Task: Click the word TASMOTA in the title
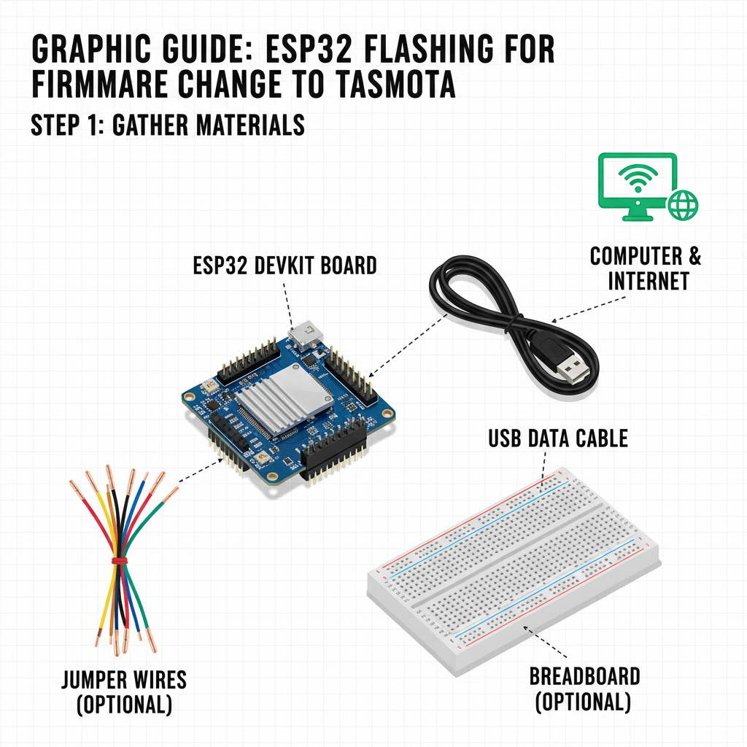point(395,84)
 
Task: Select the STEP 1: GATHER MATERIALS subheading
point(168,125)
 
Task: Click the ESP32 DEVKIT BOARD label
point(285,266)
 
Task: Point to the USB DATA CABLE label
point(558,438)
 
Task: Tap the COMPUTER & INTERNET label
point(646,268)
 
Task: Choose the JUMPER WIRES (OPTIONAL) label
point(124,692)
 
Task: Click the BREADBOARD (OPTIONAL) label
point(584,689)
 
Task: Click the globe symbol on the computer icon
point(683,205)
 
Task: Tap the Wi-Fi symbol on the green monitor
point(638,178)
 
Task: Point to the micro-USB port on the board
point(306,333)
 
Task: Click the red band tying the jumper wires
point(120,560)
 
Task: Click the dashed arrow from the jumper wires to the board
point(201,471)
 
